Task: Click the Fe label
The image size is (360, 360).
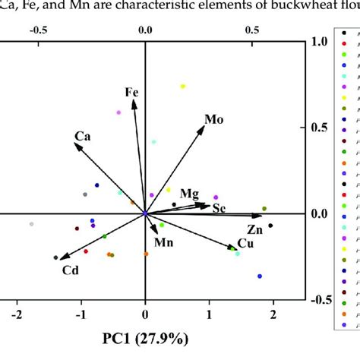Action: [132, 93]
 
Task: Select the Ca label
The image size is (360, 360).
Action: [83, 137]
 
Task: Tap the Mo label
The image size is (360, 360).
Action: [213, 119]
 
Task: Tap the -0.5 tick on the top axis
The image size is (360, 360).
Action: [36, 30]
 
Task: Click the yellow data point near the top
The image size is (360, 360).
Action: [182, 87]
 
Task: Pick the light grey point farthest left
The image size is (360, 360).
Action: [31, 224]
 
